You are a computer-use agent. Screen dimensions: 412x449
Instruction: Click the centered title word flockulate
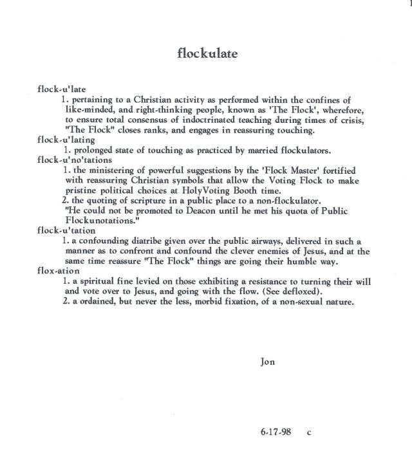coord(207,53)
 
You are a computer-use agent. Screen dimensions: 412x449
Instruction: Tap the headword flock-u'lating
coord(63,141)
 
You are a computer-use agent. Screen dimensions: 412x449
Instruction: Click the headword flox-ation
coord(59,271)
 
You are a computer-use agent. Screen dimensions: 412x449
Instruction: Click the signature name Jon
coord(267,362)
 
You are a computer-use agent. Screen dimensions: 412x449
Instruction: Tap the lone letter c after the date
coord(309,432)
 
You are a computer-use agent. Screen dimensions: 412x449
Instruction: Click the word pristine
coord(82,190)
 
